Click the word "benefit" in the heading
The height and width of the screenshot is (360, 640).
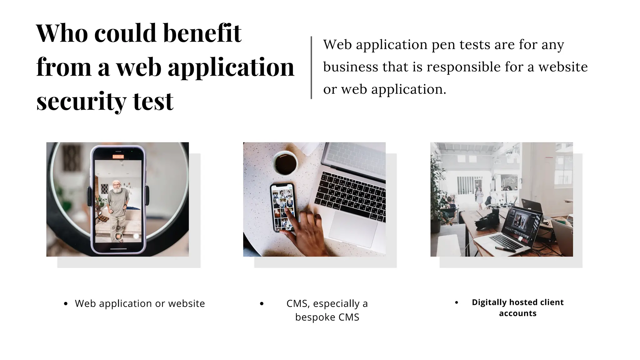click(202, 33)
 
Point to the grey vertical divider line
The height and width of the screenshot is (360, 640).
click(311, 67)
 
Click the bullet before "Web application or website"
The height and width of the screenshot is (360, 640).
click(66, 303)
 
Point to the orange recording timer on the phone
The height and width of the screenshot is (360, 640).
click(118, 157)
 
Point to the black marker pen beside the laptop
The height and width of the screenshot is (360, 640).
click(505, 249)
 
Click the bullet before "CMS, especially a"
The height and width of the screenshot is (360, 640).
click(262, 303)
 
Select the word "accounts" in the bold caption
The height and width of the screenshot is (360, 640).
click(517, 313)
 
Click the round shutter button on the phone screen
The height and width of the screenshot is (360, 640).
click(118, 236)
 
